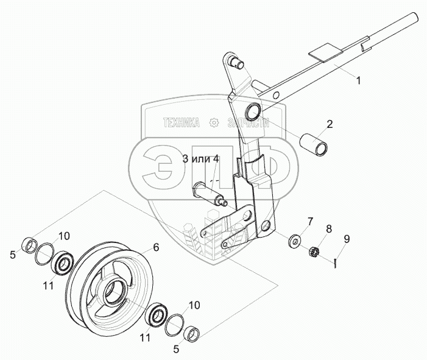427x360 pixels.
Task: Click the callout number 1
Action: coord(358,80)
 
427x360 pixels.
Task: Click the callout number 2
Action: coord(330,124)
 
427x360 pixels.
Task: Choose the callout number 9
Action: coord(347,239)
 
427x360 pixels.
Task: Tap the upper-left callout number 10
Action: coord(65,236)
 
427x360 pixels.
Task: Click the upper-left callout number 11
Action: coord(45,285)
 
